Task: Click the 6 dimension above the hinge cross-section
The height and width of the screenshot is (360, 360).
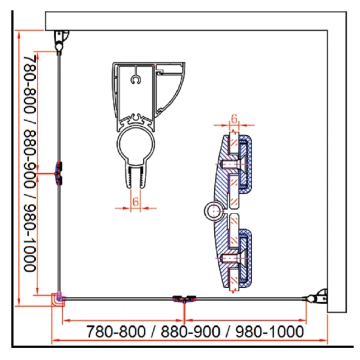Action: click(x=234, y=119)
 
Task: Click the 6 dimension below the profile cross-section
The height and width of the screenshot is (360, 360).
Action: click(x=136, y=202)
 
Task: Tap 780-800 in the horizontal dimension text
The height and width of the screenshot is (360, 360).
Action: click(x=116, y=332)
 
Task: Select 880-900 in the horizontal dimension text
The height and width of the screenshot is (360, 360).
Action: click(x=190, y=332)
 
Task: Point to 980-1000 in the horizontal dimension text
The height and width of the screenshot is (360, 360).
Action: click(x=269, y=332)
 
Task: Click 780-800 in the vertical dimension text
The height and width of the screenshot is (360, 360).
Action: click(x=30, y=84)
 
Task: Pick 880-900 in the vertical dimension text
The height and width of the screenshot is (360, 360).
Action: click(x=30, y=159)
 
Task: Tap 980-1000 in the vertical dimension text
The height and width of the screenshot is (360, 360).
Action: click(x=30, y=238)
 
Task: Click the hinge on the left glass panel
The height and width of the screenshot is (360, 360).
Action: click(x=59, y=173)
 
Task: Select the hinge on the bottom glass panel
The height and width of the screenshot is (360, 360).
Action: click(x=184, y=299)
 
